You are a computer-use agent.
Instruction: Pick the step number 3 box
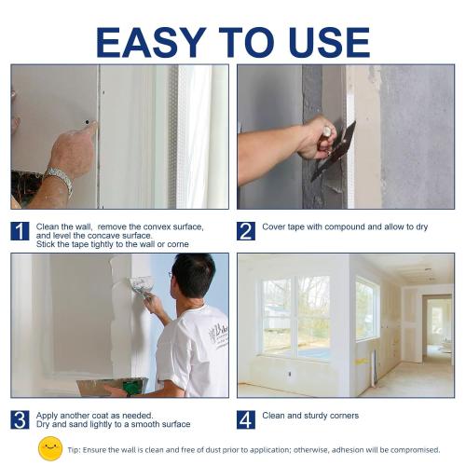tap(21, 419)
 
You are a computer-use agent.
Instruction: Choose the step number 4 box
tap(246, 419)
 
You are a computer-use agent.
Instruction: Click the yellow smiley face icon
tap(50, 448)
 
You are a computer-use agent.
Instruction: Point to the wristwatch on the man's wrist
tap(59, 180)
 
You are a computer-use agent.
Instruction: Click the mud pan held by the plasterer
tap(112, 386)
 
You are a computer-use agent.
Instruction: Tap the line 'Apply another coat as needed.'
tap(95, 415)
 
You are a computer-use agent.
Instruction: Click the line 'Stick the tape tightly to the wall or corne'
tap(112, 244)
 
